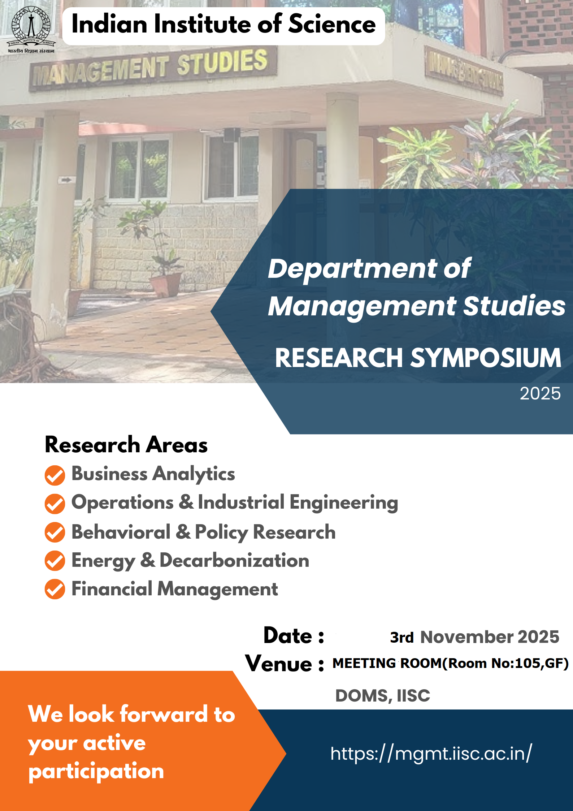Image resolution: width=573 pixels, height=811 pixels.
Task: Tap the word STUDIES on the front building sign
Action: tap(222, 62)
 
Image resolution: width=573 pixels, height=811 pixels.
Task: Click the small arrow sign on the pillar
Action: tap(66, 180)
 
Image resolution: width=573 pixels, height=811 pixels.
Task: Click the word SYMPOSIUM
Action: tap(486, 358)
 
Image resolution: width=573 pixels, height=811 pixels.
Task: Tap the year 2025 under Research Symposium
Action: tap(540, 393)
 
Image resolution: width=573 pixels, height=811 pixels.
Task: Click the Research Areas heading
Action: tap(126, 444)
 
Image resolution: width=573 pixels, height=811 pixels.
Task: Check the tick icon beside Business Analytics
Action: tap(55, 475)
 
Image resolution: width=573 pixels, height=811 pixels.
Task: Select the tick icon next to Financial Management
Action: tap(55, 589)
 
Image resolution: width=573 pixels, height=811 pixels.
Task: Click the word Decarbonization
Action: tap(234, 560)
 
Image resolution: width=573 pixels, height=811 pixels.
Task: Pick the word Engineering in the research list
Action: tap(344, 503)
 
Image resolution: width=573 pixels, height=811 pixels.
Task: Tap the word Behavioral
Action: tap(121, 532)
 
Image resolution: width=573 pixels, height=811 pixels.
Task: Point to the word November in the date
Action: tap(466, 637)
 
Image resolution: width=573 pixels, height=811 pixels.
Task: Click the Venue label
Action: tap(285, 664)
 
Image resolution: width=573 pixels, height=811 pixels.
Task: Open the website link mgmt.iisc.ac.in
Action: tap(431, 754)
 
